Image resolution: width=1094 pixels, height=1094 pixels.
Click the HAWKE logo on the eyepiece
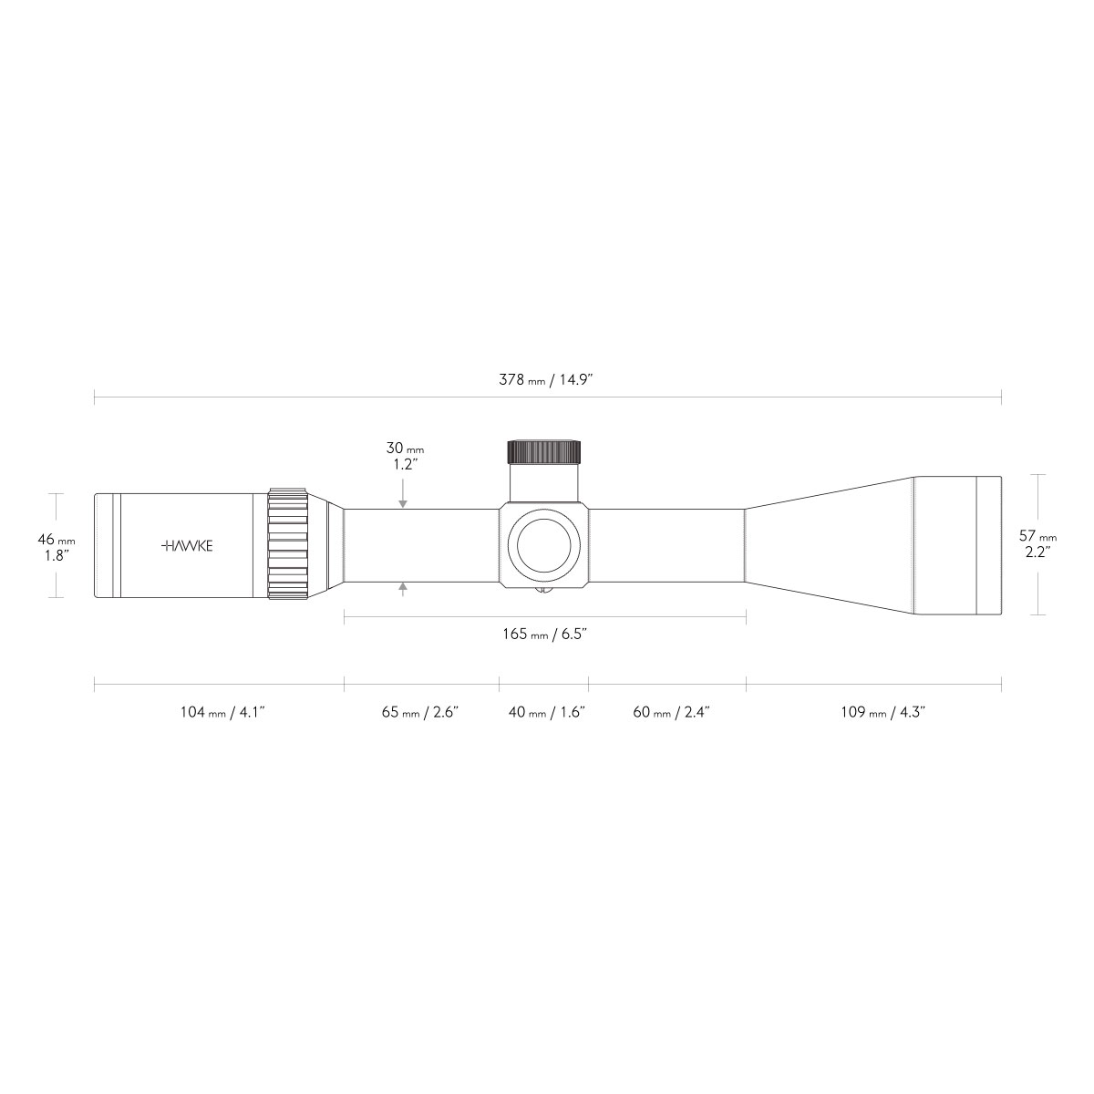[188, 545]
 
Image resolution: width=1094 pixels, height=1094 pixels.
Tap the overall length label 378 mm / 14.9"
[546, 379]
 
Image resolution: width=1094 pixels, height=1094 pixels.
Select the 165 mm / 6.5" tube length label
[544, 634]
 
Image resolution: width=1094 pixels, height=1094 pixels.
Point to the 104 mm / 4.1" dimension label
[222, 712]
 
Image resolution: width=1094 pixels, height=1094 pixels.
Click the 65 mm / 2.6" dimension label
[420, 712]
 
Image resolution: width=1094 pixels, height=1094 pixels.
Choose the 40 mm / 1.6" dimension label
[547, 712]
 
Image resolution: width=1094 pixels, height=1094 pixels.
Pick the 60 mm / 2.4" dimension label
[672, 712]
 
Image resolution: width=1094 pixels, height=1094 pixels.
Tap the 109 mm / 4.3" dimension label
[883, 712]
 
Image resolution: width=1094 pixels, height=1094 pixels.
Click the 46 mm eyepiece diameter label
[57, 539]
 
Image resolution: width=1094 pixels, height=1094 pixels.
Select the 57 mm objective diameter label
[1037, 535]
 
